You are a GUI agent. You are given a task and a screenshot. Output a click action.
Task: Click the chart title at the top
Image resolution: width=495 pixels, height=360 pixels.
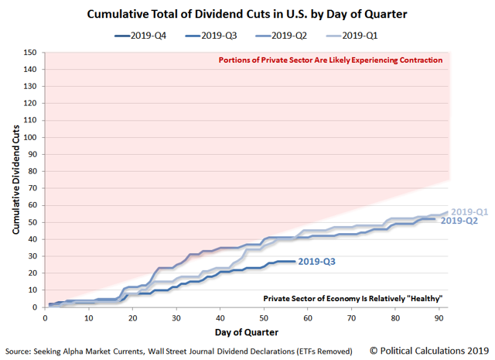tap(247, 13)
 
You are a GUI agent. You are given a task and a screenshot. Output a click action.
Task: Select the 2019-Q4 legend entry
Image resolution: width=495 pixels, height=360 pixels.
tap(148, 36)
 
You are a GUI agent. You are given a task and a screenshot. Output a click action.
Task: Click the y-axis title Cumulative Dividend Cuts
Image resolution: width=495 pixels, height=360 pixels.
tap(15, 180)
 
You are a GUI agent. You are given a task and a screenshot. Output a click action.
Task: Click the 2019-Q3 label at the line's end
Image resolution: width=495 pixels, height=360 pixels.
tap(318, 262)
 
